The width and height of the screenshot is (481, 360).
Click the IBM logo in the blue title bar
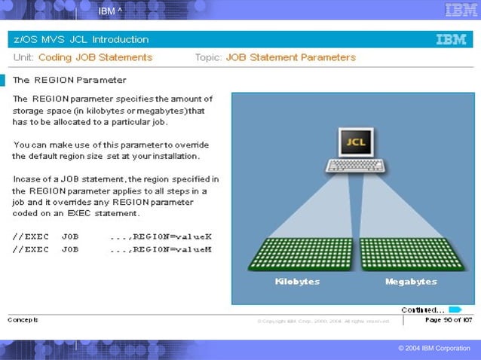pos(451,39)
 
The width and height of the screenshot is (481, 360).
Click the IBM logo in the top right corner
pos(461,10)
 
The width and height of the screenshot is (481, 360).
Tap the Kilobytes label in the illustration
pos(297,281)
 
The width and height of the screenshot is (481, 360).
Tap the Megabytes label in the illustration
pos(411,281)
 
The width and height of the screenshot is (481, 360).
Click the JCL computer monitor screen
pos(354,142)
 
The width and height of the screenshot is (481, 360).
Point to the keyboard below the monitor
pos(354,166)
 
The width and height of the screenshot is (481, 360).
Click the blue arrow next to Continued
pos(455,309)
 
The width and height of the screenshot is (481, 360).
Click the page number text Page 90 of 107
pos(448,320)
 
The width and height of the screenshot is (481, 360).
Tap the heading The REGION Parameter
pos(69,80)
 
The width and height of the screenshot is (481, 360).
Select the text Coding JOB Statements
pos(95,57)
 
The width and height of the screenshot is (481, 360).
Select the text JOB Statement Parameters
pos(290,57)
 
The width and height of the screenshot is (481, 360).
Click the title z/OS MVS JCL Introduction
pos(81,39)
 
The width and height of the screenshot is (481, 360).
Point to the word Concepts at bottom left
pos(23,319)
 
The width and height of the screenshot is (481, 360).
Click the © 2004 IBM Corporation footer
pos(434,348)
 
